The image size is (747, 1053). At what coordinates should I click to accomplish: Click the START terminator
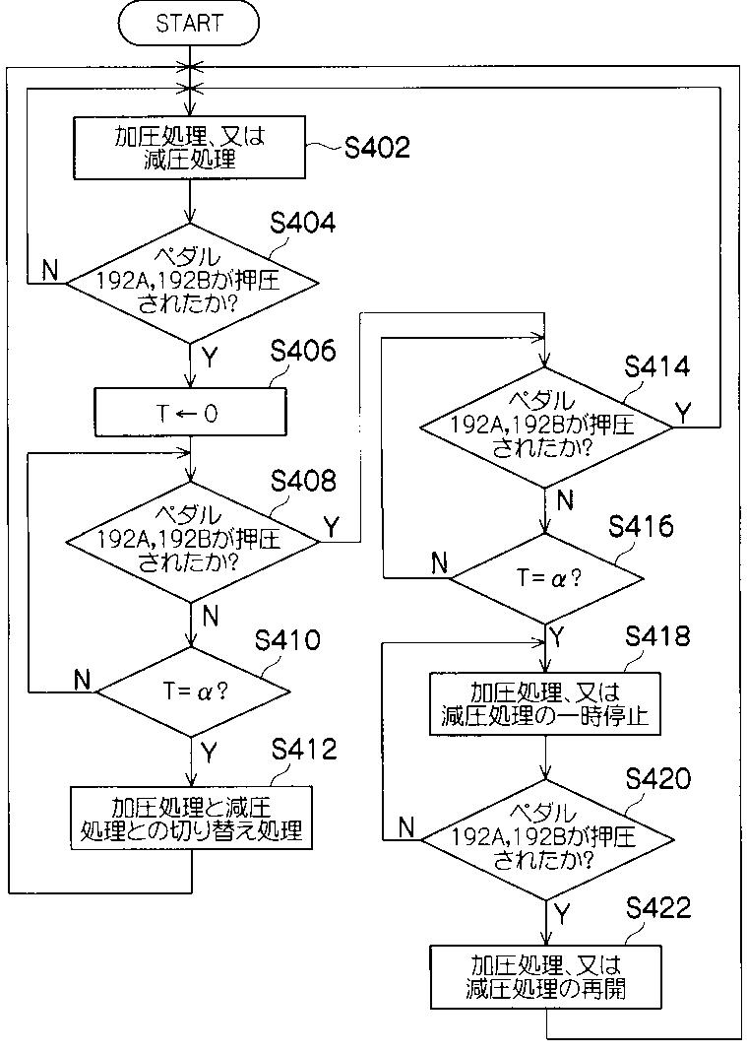189,24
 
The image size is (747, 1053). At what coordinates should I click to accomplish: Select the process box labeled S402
189,148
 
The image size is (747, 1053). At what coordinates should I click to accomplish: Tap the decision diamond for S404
191,283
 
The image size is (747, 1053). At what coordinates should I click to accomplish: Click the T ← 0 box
191,412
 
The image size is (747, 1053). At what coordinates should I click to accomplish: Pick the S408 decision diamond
191,541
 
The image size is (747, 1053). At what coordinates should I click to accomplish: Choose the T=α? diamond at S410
194,691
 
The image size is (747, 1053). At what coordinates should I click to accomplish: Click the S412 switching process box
191,819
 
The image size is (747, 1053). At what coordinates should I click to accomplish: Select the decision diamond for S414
546,427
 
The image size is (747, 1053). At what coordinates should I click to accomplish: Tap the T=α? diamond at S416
547,578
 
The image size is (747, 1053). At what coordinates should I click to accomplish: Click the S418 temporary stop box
545,703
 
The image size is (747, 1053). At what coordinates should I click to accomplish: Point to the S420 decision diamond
547,839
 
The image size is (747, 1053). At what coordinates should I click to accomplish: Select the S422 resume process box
545,977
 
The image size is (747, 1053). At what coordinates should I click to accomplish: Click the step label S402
377,147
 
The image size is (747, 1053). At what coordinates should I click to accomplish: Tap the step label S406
303,351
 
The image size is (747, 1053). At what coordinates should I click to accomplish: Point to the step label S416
641,526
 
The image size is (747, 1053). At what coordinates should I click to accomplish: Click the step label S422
658,908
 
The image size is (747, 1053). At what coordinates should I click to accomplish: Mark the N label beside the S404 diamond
49,270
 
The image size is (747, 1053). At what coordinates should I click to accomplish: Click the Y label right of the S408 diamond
331,527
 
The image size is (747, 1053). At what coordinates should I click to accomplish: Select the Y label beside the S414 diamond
683,413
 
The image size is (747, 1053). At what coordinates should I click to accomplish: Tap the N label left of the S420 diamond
406,827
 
